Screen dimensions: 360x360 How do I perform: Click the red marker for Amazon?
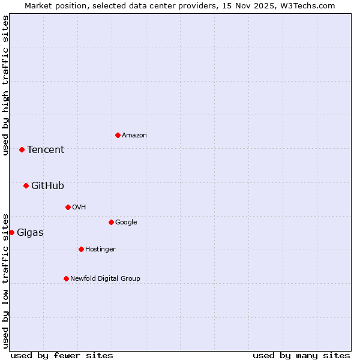[118, 135]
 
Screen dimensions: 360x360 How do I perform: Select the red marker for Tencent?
[22, 149]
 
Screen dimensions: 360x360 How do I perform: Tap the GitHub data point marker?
[26, 185]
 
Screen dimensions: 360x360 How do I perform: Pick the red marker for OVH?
[68, 207]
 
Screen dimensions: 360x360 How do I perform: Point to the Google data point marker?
[111, 222]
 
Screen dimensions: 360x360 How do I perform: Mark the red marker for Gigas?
[11, 232]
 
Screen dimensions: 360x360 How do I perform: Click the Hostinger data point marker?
[81, 249]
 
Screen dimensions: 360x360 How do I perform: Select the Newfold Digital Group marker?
[66, 278]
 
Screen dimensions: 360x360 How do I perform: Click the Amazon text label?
[134, 136]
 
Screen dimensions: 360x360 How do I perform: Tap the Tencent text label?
[46, 150]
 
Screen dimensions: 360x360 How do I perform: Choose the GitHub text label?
[47, 186]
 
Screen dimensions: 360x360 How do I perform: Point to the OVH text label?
[79, 208]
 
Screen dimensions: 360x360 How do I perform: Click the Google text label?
[126, 223]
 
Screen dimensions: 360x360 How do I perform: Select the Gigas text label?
[30, 233]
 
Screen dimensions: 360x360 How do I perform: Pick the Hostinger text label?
[100, 250]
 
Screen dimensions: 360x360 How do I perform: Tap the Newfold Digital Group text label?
[105, 279]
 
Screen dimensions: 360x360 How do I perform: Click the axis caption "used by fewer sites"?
[62, 355]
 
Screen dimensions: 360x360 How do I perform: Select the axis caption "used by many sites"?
[301, 355]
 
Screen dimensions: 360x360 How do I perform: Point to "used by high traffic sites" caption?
[5, 85]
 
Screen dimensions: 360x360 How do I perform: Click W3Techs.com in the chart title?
[310, 5]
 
